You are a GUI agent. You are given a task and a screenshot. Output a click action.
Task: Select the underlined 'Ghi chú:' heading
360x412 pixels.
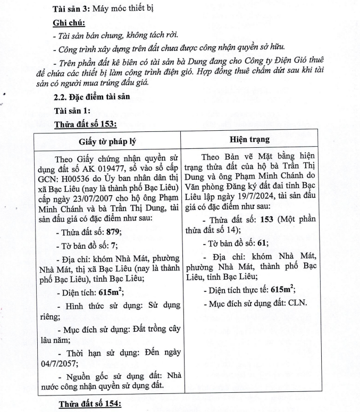(69, 23)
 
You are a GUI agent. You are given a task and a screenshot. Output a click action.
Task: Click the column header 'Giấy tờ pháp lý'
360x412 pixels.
(107, 140)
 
